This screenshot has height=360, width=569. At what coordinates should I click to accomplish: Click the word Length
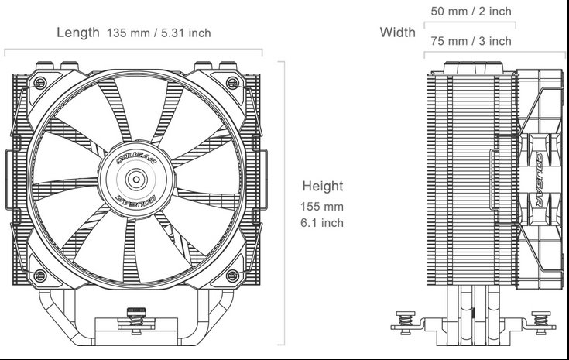(x=77, y=33)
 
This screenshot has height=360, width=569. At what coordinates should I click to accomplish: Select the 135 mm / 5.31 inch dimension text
(x=159, y=33)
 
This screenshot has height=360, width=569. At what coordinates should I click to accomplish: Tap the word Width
(x=397, y=33)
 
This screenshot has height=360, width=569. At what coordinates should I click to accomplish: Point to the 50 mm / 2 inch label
(x=471, y=12)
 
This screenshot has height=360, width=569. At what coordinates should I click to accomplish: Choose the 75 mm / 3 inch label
(x=471, y=40)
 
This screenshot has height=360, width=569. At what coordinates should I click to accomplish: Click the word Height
(x=323, y=187)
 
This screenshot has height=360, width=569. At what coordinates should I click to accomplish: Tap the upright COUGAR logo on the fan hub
(x=137, y=159)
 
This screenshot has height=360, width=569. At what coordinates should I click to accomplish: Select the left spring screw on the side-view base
(x=403, y=320)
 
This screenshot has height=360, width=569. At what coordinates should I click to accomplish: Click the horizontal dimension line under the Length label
(x=133, y=52)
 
